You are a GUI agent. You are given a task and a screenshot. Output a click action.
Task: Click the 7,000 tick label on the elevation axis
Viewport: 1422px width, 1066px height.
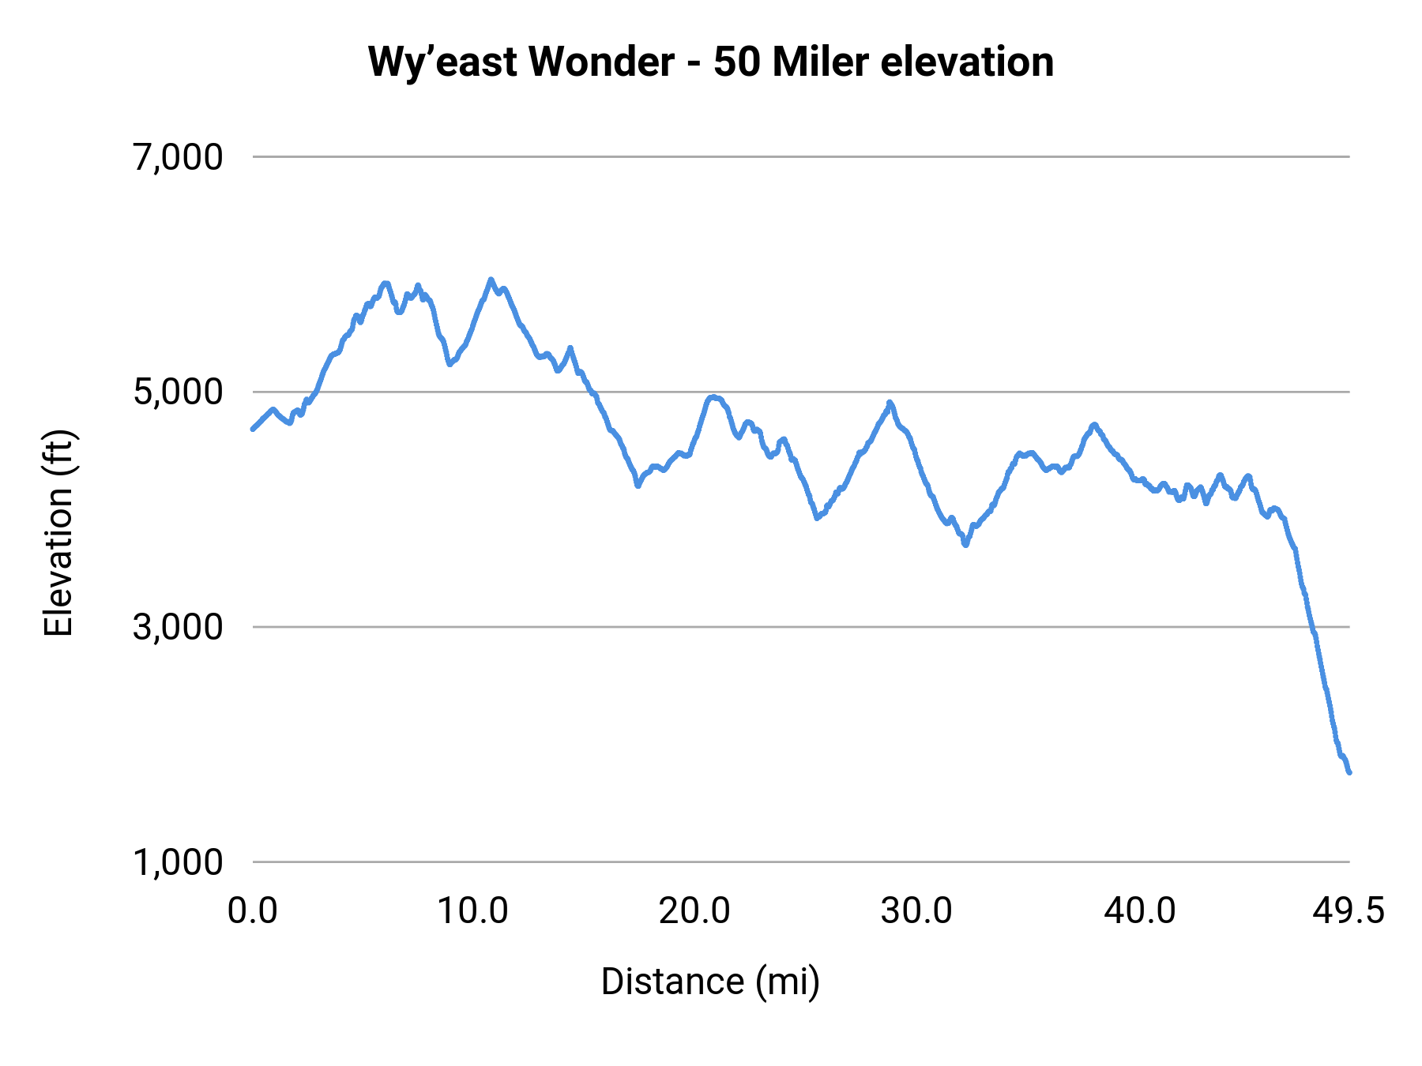[178, 157]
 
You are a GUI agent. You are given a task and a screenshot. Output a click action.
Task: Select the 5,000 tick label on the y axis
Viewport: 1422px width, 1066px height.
[178, 392]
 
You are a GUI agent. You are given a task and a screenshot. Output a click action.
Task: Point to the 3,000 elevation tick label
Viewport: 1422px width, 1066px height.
[178, 627]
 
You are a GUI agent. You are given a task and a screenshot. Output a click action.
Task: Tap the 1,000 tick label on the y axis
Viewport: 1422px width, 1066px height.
[178, 861]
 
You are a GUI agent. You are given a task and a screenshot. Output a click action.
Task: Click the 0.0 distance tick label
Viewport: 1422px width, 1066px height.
[253, 911]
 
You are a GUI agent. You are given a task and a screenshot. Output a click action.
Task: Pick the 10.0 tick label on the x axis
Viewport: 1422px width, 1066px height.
[472, 911]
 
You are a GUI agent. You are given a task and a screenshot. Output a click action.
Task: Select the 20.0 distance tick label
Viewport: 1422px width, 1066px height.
[694, 911]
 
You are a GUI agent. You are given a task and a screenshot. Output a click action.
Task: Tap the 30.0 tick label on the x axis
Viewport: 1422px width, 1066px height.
[916, 911]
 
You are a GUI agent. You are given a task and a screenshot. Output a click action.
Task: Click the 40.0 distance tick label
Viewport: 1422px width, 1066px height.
[1139, 911]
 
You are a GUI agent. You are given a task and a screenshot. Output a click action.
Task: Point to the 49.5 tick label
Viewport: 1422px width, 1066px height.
[1349, 911]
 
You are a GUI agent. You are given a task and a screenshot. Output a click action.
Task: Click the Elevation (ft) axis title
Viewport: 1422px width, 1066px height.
[58, 534]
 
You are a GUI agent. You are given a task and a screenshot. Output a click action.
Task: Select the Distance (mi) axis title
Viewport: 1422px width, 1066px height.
[710, 982]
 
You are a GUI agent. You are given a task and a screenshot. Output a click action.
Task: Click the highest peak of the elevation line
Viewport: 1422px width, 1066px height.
[491, 280]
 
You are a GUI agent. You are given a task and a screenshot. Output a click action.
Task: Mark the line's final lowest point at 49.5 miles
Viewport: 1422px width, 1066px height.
[1349, 772]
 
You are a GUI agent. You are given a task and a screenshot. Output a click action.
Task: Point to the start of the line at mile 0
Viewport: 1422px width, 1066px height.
[253, 429]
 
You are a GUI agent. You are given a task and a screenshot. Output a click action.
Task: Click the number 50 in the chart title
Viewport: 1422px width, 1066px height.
[736, 62]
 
